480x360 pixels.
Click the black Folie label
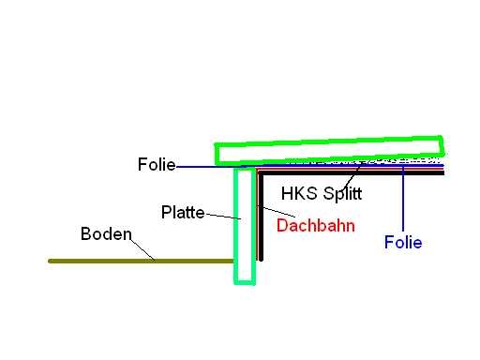pos(157,164)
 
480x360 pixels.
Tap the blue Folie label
pos(403,243)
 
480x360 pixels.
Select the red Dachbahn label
pos(316,225)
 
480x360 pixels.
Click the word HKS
pos(299,193)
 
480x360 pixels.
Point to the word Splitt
pos(342,194)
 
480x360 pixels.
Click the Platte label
pos(183,213)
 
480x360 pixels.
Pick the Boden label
pos(106,233)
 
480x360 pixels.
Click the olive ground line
pos(142,261)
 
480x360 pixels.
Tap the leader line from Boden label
pos(142,249)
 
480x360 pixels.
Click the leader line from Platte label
pos(223,217)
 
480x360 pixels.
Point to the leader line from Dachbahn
pos(279,212)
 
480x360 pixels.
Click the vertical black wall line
pos(261,216)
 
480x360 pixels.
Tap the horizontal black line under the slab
pos(352,172)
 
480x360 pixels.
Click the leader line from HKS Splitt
pos(352,177)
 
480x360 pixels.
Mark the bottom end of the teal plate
pos(245,282)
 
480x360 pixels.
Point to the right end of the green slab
pos(442,145)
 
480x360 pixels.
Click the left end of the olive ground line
pos(50,261)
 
